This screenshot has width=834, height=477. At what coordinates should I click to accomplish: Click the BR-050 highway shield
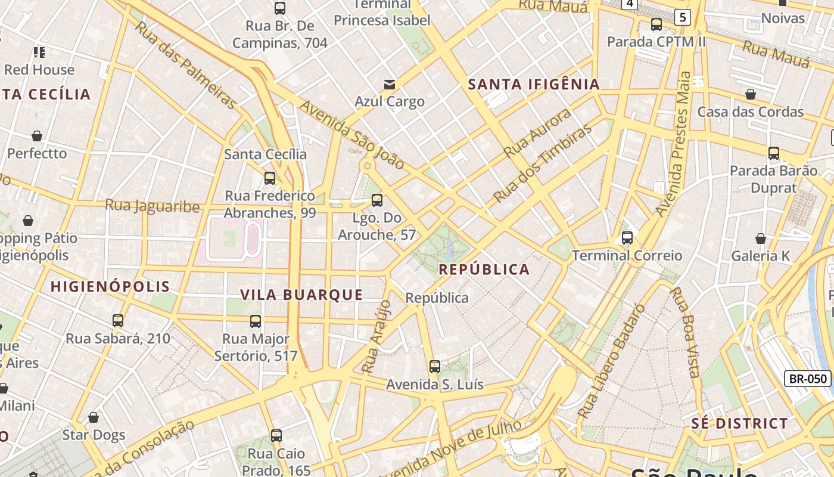pos(807,378)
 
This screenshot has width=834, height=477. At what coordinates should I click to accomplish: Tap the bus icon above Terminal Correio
pos(627,238)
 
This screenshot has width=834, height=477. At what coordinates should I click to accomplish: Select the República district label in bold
pos(484,270)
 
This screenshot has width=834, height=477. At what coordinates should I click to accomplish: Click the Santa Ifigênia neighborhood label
pos(534,85)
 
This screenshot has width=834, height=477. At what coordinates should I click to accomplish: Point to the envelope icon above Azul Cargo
pos(390,85)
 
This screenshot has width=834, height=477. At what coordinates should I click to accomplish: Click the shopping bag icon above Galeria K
pos(761,238)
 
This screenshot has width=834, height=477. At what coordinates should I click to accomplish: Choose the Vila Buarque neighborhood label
pos(301,295)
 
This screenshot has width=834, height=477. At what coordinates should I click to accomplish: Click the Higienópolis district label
pos(110,286)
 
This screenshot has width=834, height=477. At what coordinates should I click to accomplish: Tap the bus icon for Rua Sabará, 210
pos(118,321)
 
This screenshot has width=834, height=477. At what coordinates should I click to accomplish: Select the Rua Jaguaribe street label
pos(153,206)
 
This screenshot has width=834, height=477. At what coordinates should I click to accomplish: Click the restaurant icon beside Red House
pos(39,52)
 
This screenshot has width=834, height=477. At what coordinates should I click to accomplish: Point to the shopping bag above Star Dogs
pos(94,417)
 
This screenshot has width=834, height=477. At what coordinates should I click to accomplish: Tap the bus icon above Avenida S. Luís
pos(435,367)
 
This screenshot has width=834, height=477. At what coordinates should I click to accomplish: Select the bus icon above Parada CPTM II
pos(656,24)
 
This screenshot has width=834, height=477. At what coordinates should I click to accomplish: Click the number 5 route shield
pos(683,17)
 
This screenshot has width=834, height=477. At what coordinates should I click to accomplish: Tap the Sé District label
pos(739,424)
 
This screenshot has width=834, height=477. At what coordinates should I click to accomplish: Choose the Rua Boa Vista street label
pos(684,332)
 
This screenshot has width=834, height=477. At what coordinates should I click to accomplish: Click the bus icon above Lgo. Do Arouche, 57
pos(376,200)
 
